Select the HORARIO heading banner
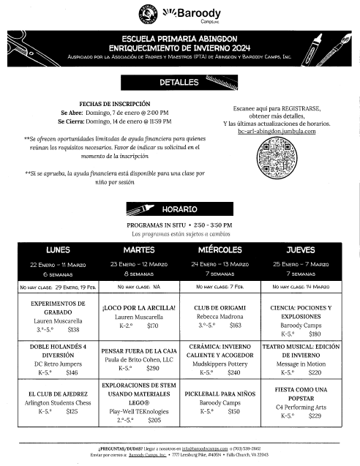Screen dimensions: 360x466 coord(179,208)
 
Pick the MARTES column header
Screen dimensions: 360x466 coord(139,249)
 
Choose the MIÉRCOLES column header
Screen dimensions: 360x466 coord(220,249)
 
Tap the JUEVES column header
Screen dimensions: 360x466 coord(301,249)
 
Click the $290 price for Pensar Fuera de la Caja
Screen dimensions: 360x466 coord(153,369)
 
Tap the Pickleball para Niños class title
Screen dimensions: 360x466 coord(220,391)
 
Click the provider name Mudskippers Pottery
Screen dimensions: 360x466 coord(220,361)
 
